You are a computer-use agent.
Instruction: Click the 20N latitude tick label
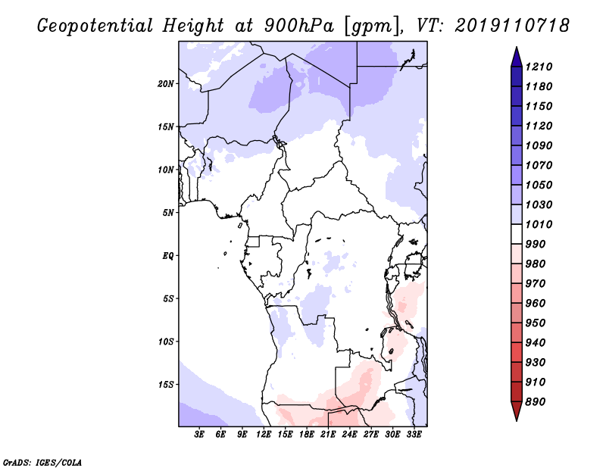click(x=165, y=84)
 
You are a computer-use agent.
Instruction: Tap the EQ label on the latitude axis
click(x=168, y=256)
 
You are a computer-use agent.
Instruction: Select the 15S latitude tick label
click(x=165, y=385)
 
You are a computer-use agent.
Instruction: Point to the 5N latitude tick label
click(x=168, y=213)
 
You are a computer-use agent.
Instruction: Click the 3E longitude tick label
click(x=199, y=435)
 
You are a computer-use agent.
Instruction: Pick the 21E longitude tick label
click(x=328, y=435)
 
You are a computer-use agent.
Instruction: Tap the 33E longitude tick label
click(x=414, y=435)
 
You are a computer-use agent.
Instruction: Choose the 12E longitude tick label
click(x=263, y=435)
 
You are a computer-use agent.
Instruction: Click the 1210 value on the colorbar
click(x=539, y=67)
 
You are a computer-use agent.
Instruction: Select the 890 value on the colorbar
click(x=536, y=402)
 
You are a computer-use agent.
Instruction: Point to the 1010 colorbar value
click(x=539, y=224)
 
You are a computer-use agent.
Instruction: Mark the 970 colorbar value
click(x=536, y=284)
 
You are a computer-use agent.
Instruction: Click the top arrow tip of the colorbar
click(x=517, y=47)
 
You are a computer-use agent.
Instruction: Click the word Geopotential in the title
click(x=95, y=27)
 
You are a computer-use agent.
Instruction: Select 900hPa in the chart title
click(x=298, y=26)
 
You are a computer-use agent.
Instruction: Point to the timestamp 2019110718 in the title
click(x=512, y=26)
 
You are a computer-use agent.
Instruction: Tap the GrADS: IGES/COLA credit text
click(x=42, y=463)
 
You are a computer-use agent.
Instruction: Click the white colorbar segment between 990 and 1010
click(x=517, y=234)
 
